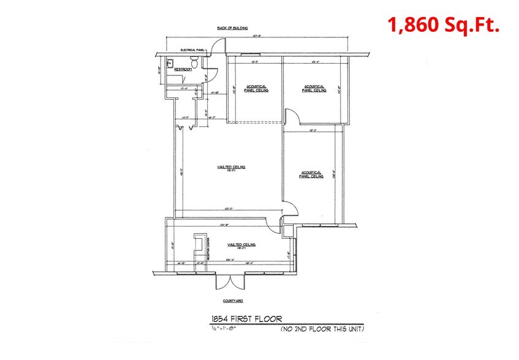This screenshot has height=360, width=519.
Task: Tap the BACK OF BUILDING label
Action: (x=231, y=28)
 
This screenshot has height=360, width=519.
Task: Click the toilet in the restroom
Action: (x=194, y=62)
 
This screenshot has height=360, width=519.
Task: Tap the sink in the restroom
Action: (x=172, y=62)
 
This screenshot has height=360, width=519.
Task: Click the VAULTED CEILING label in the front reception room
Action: (x=241, y=245)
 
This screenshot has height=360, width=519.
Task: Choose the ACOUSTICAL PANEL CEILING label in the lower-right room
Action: (x=311, y=174)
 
